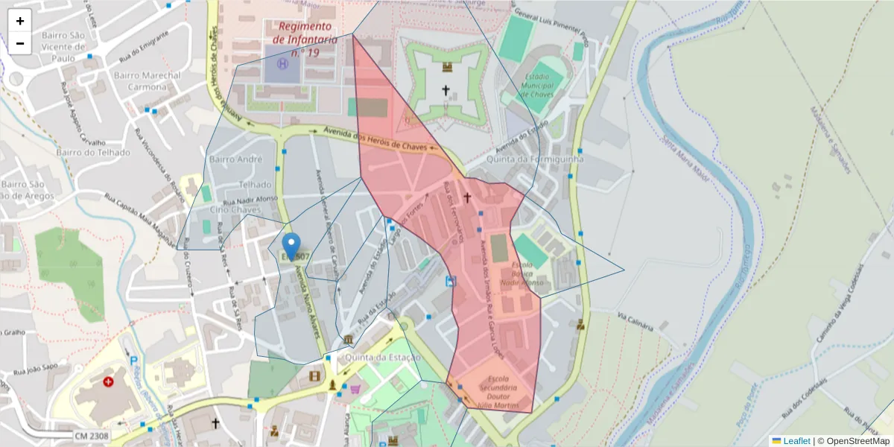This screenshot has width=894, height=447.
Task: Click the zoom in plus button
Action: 20,21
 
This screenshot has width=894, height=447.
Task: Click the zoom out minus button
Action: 20,43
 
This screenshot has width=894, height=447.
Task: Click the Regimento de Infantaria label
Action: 305,39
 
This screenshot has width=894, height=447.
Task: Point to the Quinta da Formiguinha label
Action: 535,159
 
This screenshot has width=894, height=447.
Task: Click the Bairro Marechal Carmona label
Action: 148,80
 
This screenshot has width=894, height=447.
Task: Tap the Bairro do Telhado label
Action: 92,152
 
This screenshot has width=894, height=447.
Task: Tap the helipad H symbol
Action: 282,64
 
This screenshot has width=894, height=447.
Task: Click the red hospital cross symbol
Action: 109,381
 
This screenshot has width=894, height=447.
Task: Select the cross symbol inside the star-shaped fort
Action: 446,90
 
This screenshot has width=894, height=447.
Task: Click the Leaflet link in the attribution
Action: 796,441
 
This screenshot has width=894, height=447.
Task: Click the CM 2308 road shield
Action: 92,435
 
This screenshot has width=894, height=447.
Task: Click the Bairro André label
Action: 236,159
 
